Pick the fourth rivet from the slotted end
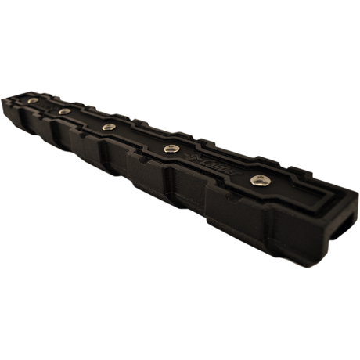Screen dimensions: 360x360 click(64, 111)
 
